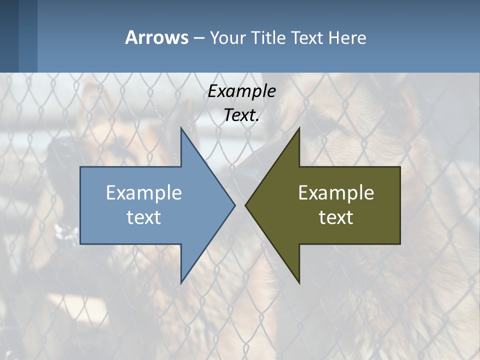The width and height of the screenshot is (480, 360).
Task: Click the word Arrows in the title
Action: pos(156,38)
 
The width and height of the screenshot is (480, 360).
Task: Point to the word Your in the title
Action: pos(227,38)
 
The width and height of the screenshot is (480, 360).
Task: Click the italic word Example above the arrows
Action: pos(241,91)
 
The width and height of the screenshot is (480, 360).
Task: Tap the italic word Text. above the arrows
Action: pos(241,115)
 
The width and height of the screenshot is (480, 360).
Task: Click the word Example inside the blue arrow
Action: pos(144,193)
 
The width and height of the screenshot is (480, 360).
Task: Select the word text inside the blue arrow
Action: pos(144,217)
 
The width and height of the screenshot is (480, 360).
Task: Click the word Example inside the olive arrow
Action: pos(336,193)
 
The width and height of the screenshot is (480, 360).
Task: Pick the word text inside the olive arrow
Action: pos(336,217)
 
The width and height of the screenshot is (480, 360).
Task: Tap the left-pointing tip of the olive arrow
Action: pos(246,205)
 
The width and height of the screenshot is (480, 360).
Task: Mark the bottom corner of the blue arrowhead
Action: pos(181,282)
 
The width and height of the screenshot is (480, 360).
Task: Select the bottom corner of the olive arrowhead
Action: pos(299,282)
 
